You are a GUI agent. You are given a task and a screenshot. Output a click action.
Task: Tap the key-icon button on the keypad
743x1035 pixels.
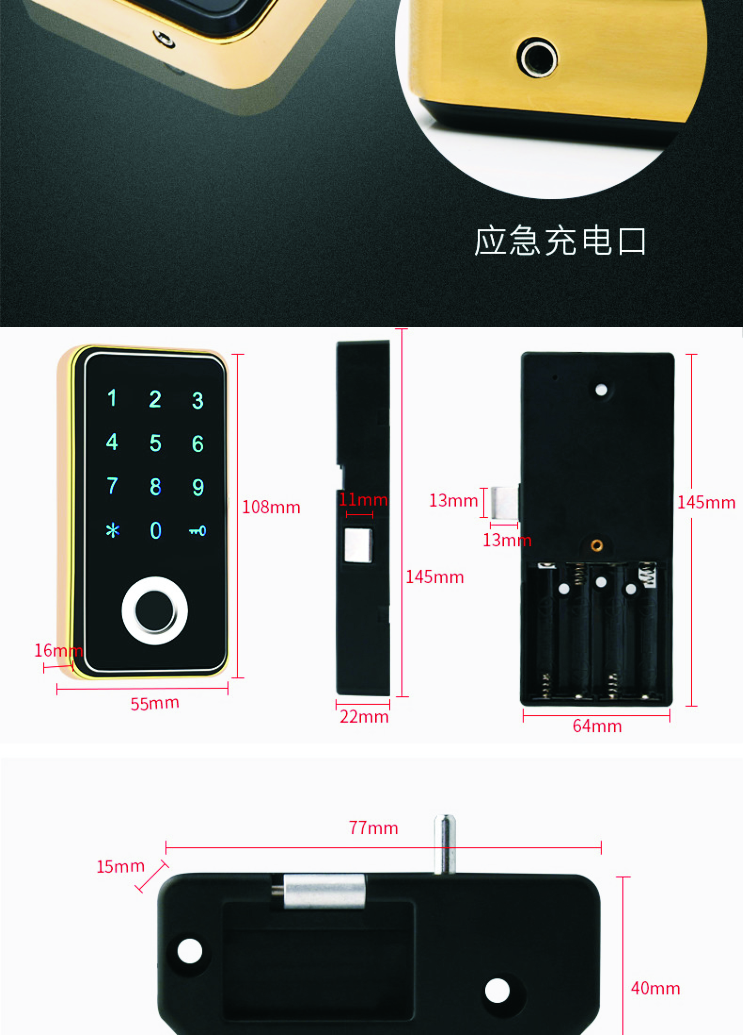pyautogui.click(x=198, y=531)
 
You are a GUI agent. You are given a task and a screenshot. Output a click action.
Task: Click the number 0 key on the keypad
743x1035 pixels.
pyautogui.click(x=156, y=530)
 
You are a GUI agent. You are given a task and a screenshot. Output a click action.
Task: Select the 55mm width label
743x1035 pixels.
pyautogui.click(x=155, y=703)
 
